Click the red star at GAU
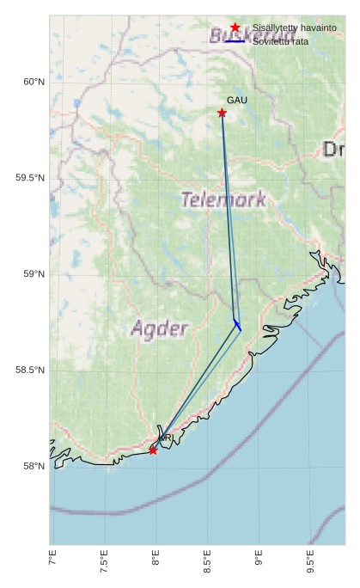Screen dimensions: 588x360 [222, 113]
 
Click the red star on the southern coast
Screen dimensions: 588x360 [153, 450]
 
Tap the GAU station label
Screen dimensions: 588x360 [237, 101]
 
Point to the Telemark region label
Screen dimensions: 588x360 [223, 199]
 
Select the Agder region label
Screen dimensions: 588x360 [159, 328]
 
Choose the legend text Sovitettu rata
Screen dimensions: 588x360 [280, 41]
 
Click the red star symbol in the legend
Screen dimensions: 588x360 [235, 28]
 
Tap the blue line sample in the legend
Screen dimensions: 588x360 [235, 41]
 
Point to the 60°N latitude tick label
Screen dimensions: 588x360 [33, 82]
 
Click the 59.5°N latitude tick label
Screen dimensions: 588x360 [29, 178]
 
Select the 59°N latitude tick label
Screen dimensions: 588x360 [33, 274]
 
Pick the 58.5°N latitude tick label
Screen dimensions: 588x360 [29, 371]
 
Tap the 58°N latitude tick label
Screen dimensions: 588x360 [33, 467]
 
